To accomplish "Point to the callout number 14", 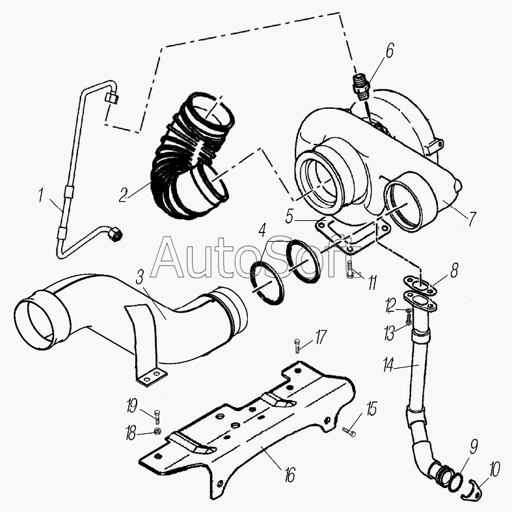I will click(388, 365).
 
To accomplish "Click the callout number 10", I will click(496, 468).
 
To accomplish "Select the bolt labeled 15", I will click(349, 431).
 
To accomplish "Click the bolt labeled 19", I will click(157, 414).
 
